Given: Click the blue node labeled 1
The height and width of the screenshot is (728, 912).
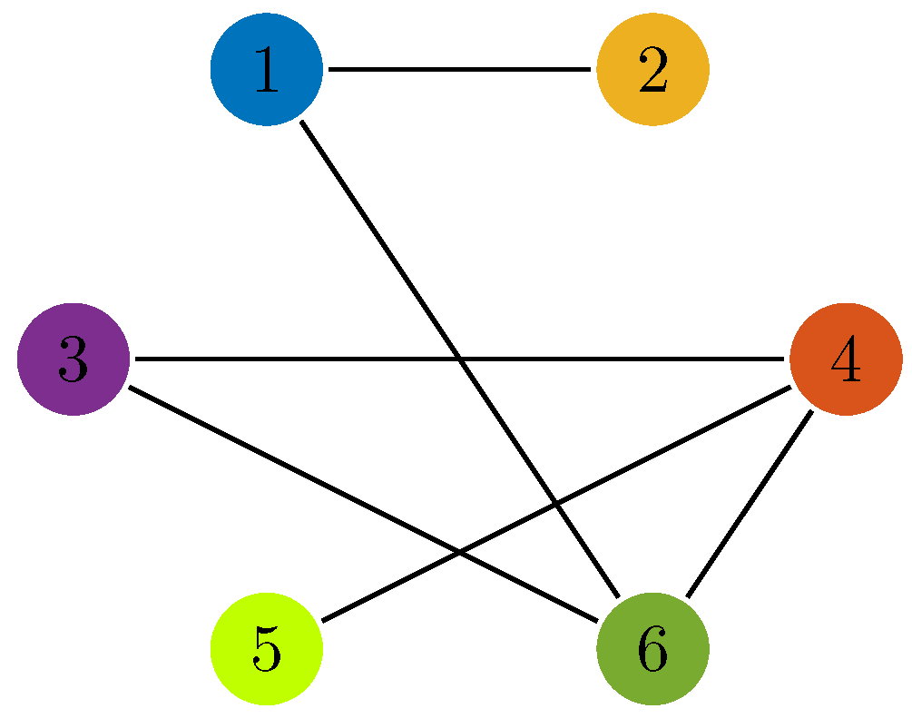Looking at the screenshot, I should pos(266,70).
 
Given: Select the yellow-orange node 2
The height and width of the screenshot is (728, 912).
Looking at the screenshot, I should pos(652,70).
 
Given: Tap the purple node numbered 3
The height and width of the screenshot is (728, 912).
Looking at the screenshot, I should pos(73,359).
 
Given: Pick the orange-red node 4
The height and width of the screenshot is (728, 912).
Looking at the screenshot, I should pos(846,359).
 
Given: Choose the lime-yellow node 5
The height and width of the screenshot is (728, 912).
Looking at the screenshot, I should pos(266,649).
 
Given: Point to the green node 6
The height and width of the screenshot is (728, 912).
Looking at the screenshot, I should pos(652,649).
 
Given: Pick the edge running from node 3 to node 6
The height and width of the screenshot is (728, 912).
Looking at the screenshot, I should pos(272,459).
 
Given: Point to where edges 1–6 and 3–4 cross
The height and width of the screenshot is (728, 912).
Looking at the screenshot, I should pos(459,359).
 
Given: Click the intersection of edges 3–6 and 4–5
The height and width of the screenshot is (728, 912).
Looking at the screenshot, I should pos(459,552).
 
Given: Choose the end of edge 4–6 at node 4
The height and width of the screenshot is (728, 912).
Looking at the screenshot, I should pos(810,412).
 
